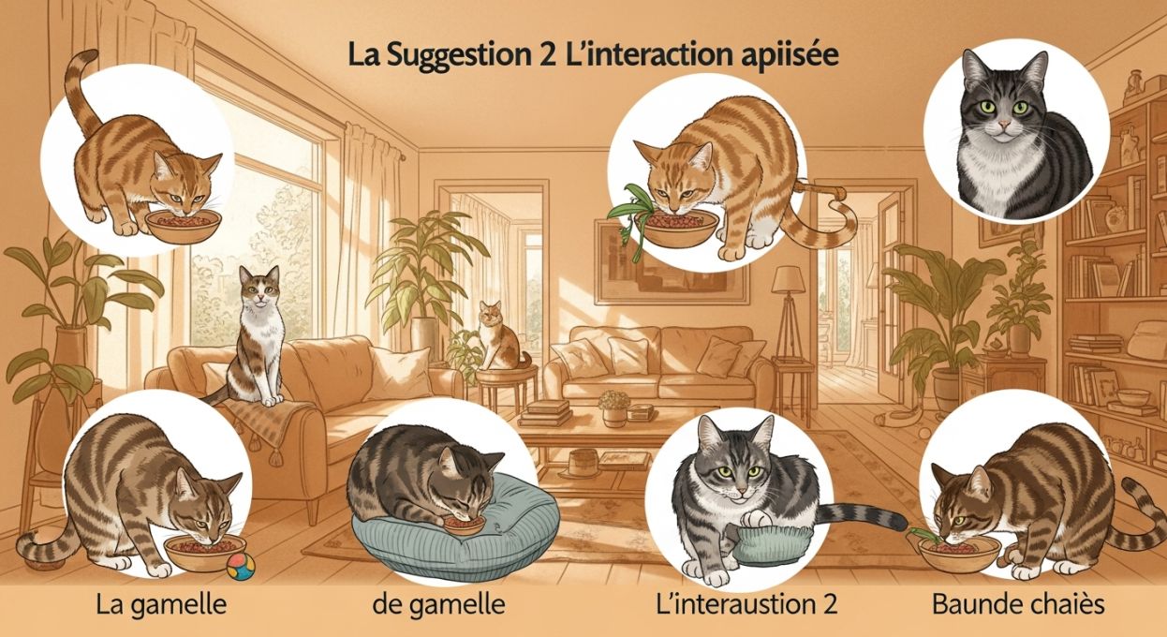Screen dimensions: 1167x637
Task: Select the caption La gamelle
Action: pos(161,605)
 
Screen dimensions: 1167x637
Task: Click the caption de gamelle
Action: pos(439,605)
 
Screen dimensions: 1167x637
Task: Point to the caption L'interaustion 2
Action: pos(746,604)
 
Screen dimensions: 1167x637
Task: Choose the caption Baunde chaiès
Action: pos(1018,604)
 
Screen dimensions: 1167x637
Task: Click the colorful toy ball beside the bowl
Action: pos(241,567)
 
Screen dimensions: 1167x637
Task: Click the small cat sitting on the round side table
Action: pos(497,335)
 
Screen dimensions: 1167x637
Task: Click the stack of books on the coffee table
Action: pos(544,413)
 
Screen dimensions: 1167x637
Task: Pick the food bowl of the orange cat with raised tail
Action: pos(183,225)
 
